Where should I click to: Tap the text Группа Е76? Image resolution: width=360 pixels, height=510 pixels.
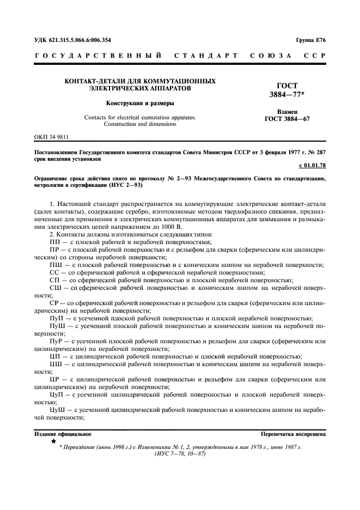310,40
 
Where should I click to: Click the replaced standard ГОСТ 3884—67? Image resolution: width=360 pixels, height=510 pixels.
286,119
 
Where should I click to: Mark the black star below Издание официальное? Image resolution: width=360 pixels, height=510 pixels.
53,441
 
